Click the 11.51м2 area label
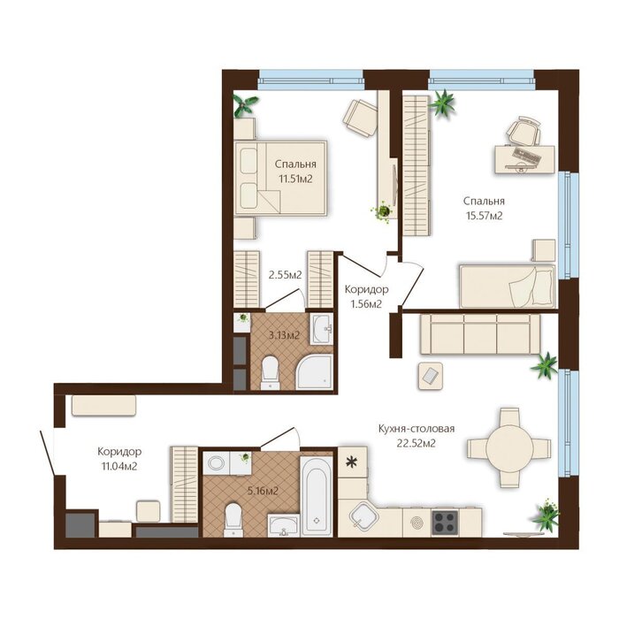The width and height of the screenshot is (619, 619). click(295, 179)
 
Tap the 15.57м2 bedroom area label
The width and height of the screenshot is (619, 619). click(485, 216)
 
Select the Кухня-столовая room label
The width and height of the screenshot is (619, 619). click(416, 428)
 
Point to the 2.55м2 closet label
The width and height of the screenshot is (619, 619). click(285, 274)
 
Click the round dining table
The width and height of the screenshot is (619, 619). click(509, 447)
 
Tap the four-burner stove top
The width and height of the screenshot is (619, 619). click(445, 523)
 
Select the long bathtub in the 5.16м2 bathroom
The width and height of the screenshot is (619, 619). click(317, 496)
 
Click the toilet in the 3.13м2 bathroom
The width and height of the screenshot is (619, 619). click(271, 372)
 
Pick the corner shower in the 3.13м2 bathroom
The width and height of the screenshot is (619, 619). click(315, 372)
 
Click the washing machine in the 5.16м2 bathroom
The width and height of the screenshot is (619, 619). click(216, 462)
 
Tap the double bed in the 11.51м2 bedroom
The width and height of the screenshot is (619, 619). click(280, 178)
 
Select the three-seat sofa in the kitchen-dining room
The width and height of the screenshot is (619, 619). click(480, 334)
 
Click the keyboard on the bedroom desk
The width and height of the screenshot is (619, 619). click(527, 156)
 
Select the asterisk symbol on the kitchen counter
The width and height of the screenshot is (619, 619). click(351, 462)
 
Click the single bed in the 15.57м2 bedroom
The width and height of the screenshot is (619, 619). click(508, 286)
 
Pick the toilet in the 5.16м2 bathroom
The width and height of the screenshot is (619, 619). click(233, 520)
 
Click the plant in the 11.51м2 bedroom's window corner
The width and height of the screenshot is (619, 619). click(245, 105)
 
